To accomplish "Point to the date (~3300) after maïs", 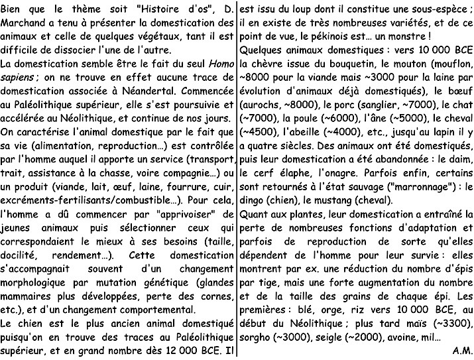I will click(x=453, y=323).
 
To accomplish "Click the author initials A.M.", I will click(x=461, y=351).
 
